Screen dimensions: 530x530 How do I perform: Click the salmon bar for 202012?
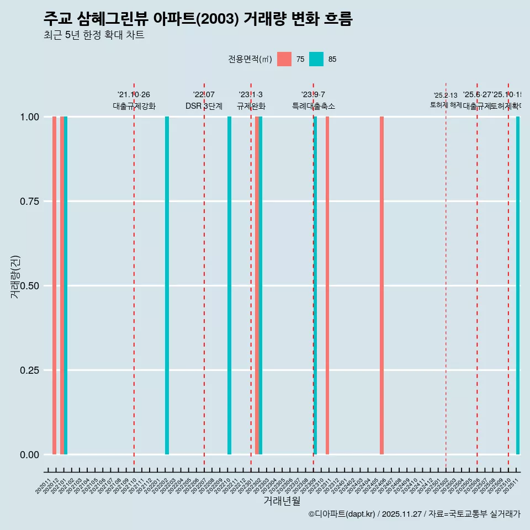[x=54, y=285]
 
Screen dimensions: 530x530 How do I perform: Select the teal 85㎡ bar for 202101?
[x=66, y=285]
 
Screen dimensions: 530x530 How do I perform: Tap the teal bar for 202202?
[x=167, y=285]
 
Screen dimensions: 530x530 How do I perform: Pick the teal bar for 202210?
[x=229, y=285]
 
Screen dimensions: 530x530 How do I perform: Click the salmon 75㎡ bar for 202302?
[x=257, y=285]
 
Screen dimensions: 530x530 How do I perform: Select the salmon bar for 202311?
[x=327, y=285]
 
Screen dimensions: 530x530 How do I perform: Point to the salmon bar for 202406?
[x=381, y=285]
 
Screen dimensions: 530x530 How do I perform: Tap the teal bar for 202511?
[x=518, y=285]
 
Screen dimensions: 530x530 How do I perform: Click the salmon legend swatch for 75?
[x=284, y=59]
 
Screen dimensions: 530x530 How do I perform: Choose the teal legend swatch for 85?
[x=316, y=59]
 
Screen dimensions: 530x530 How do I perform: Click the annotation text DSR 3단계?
[x=204, y=106]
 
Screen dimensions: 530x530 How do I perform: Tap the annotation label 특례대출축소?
[x=314, y=106]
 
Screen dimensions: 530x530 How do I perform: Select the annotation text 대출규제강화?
[x=134, y=106]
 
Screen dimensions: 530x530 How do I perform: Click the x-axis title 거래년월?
[x=282, y=501]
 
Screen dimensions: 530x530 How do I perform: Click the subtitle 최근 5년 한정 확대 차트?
[x=94, y=35]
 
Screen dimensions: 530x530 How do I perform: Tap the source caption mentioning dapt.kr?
[x=414, y=514]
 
